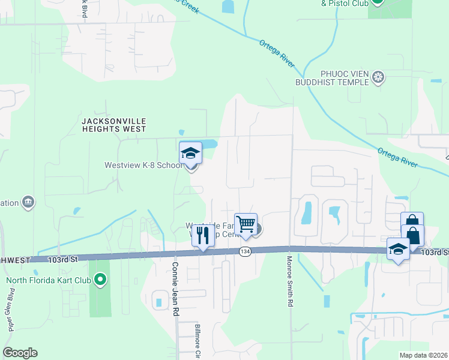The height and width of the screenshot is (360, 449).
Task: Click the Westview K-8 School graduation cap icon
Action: (190, 154)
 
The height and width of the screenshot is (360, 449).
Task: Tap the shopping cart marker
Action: (246, 224)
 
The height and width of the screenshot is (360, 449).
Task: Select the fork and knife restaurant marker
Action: (202, 235)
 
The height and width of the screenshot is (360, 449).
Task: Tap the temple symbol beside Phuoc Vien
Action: (378, 77)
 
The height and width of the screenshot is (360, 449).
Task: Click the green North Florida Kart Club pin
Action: (100, 280)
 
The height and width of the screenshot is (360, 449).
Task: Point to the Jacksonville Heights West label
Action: (113, 125)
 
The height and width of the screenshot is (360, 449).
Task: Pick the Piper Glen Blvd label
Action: (11, 311)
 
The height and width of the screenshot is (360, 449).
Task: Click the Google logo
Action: (20, 353)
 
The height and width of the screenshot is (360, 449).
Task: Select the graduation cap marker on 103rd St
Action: (399, 249)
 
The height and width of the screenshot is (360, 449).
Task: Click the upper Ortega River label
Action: (277, 53)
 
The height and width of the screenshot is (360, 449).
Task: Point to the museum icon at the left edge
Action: (28, 202)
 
